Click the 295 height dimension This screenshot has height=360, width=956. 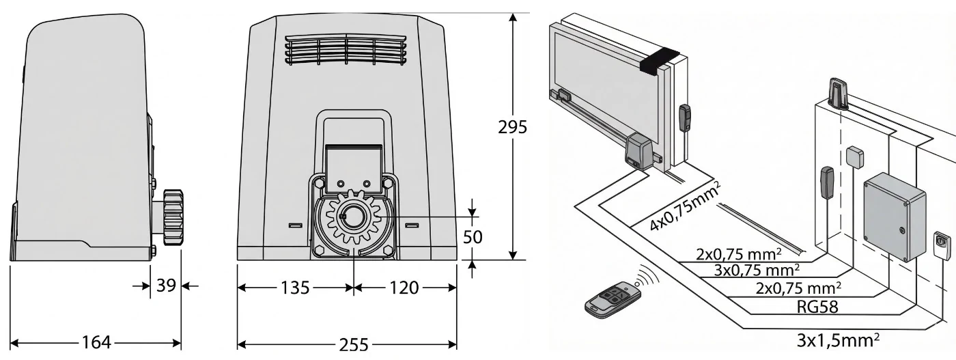click(513, 127)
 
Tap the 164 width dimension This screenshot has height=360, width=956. click(96, 342)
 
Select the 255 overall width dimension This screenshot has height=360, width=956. click(354, 344)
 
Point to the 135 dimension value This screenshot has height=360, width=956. click(295, 288)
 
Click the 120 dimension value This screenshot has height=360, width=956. click(404, 288)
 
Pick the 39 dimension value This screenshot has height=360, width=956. click(166, 286)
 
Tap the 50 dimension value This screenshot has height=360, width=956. click(473, 237)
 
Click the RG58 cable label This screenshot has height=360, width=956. click(817, 306)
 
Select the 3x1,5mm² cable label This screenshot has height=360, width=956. click(838, 340)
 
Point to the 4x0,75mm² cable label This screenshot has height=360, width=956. click(683, 206)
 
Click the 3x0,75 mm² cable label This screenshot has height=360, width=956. click(757, 270)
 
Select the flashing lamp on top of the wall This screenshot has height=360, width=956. click(839, 94)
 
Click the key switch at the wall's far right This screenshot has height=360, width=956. click(942, 245)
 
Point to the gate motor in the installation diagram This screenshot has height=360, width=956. click(638, 152)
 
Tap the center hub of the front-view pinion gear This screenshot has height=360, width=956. click(354, 216)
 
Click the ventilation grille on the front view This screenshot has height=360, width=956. click(346, 50)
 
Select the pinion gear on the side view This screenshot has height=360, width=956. click(172, 217)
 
